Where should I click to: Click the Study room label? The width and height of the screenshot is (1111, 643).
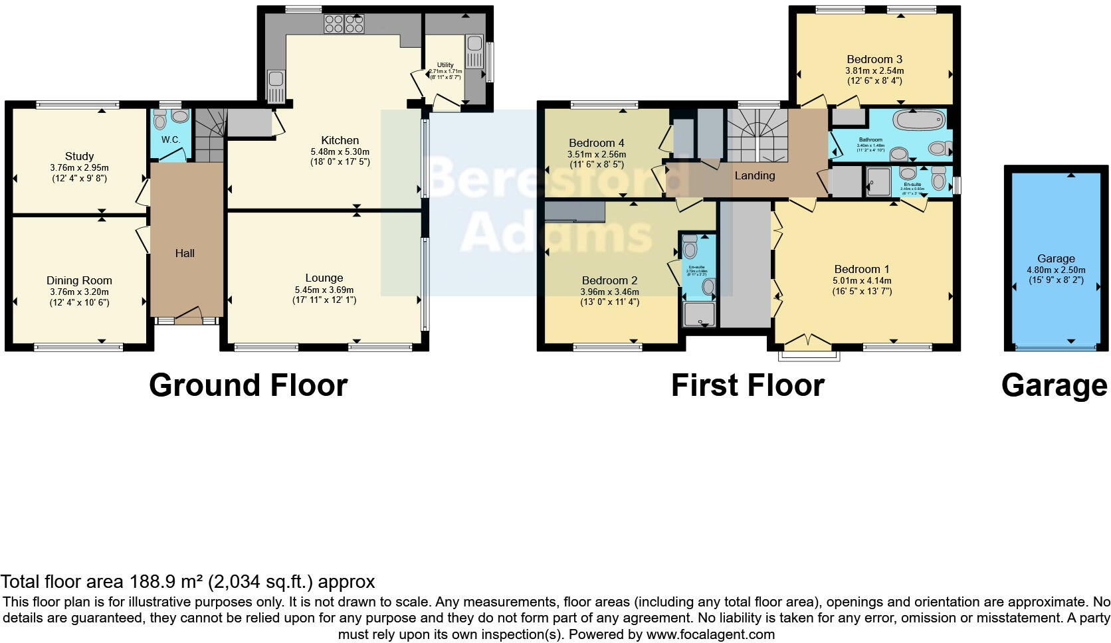tap(79, 157)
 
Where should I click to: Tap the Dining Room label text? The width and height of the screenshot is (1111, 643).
tap(79, 280)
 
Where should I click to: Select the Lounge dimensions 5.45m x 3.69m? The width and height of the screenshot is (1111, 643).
tap(324, 290)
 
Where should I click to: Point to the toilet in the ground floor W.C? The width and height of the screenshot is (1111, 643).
tap(160, 120)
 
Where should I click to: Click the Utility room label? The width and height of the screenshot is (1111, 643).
tap(445, 65)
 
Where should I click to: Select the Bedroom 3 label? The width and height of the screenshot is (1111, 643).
tap(874, 59)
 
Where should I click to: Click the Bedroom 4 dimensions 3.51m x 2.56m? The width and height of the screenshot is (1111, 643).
tap(596, 154)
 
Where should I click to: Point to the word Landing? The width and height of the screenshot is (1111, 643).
tap(754, 175)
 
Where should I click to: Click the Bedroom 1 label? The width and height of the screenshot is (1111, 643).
tap(862, 269)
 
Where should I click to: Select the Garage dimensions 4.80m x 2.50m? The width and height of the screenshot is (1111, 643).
tap(1056, 270)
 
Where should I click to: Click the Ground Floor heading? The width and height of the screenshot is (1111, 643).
tap(248, 385)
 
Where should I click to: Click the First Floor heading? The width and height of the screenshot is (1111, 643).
tap(748, 385)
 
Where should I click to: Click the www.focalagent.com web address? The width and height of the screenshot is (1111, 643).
tap(710, 634)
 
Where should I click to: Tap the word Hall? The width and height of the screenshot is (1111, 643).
tap(185, 253)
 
